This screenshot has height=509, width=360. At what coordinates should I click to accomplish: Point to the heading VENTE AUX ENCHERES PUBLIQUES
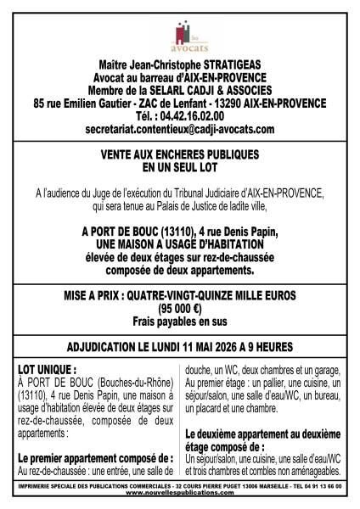[180, 155]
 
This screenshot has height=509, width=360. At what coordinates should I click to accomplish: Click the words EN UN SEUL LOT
[180, 168]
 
